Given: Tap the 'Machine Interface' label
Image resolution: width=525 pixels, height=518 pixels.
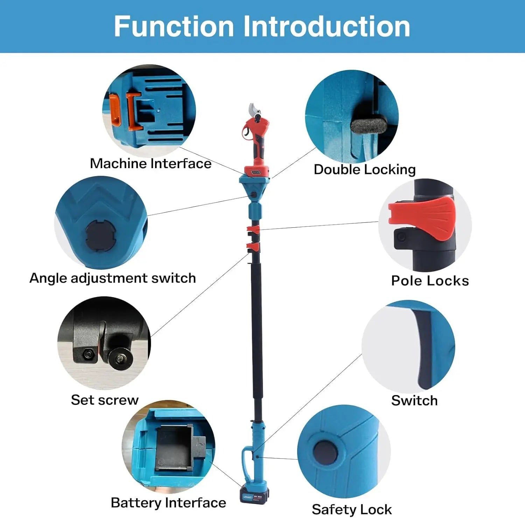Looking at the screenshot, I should (x=150, y=164).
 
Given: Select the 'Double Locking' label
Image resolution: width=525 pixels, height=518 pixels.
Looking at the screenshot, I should (x=364, y=170).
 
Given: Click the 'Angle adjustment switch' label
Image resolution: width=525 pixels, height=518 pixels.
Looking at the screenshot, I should (x=112, y=278).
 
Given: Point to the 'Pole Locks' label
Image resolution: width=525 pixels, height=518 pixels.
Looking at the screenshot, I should (x=430, y=281).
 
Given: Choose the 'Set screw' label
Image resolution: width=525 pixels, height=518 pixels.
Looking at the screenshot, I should (x=105, y=400).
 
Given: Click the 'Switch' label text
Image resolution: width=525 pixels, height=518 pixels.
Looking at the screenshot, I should (x=414, y=401).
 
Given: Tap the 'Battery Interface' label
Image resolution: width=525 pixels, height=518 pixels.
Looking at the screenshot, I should (x=168, y=503).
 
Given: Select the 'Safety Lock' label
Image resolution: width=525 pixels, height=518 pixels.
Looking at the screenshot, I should (x=352, y=509).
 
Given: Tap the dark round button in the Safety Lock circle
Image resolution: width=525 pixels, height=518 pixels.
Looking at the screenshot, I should (x=325, y=452).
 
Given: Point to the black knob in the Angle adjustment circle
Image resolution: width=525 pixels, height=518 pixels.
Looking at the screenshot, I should (x=100, y=236).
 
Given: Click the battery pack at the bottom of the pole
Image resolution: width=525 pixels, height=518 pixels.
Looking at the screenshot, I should (x=254, y=495).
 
